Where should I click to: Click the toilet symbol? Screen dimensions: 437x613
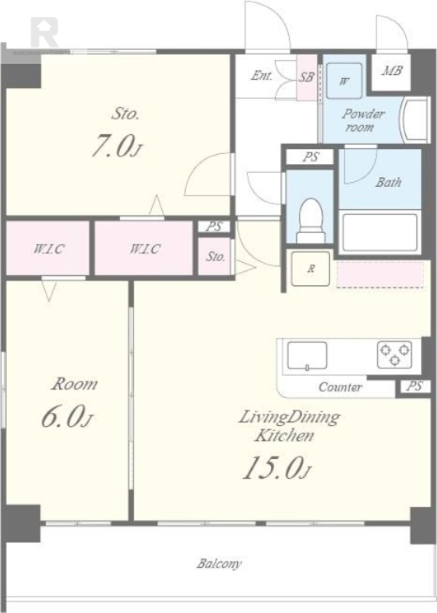coord(310,221)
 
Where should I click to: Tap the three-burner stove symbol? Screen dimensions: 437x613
coord(394,355)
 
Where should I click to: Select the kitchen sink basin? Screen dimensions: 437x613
coord(307,356)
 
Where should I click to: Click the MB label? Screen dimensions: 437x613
coord(392,70)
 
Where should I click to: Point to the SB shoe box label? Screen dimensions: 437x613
coord(307,77)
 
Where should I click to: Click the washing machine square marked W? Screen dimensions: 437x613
coord(344,81)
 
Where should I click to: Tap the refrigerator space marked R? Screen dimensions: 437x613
coord(310,268)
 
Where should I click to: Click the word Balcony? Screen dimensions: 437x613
coord(219,564)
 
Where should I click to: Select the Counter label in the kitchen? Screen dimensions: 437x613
coord(340,387)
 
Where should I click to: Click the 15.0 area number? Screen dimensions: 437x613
coord(277,467)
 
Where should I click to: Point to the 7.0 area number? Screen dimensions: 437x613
coord(117,146)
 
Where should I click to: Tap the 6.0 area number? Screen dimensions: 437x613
coord(68,417)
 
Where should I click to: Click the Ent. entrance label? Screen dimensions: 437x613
coord(262,75)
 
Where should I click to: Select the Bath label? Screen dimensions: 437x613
coord(388,182)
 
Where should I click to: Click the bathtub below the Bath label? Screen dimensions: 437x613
coord(379,233)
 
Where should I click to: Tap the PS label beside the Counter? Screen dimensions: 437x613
coord(414,386)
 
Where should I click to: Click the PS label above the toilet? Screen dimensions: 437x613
coord(310,157)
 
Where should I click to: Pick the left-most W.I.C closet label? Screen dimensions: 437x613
coord(49,249)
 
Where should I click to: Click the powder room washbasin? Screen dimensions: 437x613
coord(415,120)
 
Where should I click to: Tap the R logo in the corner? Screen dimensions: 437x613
coord(44,33)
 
